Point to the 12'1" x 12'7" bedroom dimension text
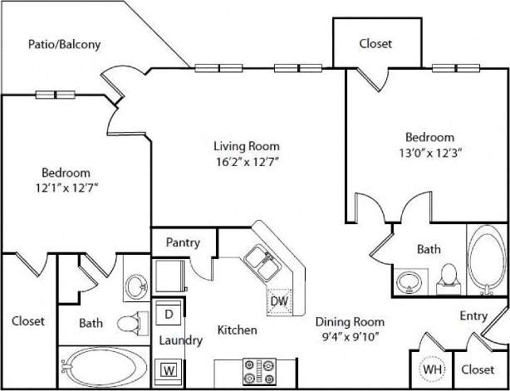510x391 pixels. [x=66, y=188]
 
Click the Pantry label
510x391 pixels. [x=182, y=244]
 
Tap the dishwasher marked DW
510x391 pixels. [x=278, y=301]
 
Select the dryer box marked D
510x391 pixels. [x=169, y=314]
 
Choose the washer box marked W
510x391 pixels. [x=169, y=369]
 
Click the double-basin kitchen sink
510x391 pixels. [x=259, y=264]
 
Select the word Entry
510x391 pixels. [x=474, y=316]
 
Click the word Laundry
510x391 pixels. [x=180, y=340]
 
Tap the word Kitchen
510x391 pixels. [x=237, y=330]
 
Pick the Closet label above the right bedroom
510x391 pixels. [x=375, y=44]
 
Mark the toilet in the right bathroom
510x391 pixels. [x=448, y=276]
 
